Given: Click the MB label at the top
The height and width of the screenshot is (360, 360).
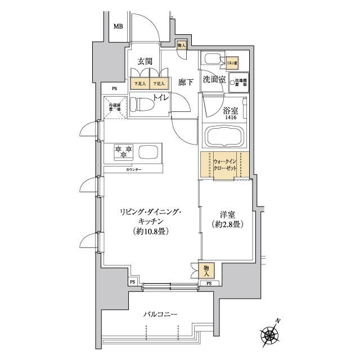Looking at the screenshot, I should [x=118, y=26].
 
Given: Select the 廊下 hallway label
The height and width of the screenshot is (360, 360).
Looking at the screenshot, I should [x=186, y=82].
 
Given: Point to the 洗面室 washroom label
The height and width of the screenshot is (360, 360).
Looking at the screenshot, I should [x=214, y=80].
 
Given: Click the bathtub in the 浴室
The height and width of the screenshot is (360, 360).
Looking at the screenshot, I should [x=225, y=136].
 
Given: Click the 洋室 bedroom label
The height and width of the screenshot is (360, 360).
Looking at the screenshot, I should [x=228, y=214].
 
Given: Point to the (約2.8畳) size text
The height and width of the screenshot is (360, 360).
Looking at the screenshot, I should [x=228, y=224].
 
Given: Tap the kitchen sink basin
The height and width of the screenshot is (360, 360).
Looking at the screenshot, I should [x=149, y=152].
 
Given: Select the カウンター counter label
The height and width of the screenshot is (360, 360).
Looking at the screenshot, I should [x=133, y=169].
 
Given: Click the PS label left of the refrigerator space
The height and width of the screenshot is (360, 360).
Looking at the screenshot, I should [x=114, y=88].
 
